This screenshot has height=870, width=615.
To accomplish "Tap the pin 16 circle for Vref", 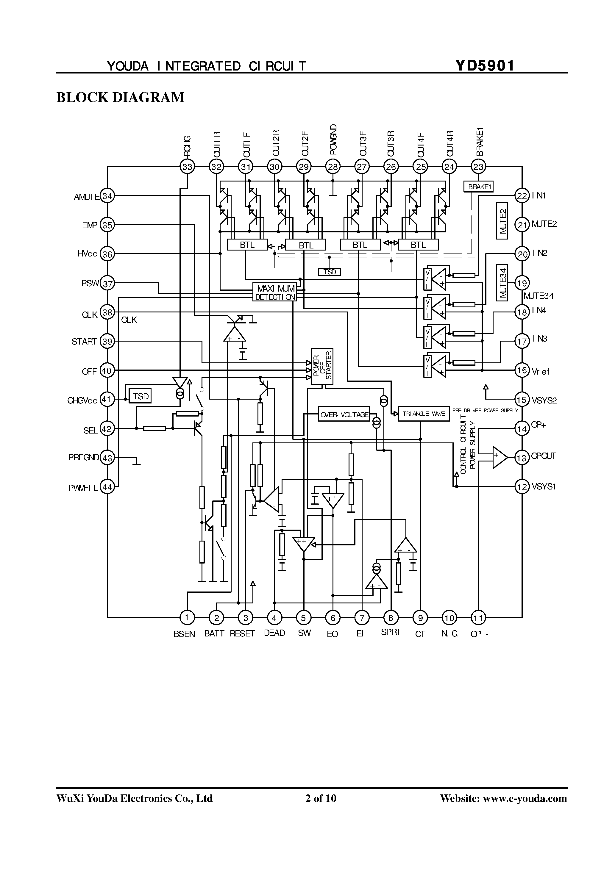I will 522,370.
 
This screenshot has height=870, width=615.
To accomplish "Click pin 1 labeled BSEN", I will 187,618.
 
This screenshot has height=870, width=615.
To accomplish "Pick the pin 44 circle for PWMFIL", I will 107,487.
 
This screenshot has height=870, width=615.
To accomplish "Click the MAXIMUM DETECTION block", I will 275,292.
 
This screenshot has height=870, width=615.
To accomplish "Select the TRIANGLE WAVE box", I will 424,414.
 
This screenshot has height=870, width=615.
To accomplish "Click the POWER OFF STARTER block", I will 322,366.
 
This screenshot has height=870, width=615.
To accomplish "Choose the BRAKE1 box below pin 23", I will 478,187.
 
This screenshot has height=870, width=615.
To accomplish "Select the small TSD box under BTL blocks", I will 329,272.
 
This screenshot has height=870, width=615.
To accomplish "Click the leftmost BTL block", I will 247,245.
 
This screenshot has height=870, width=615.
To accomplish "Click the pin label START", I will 84,342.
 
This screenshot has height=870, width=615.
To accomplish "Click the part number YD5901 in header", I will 485,66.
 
